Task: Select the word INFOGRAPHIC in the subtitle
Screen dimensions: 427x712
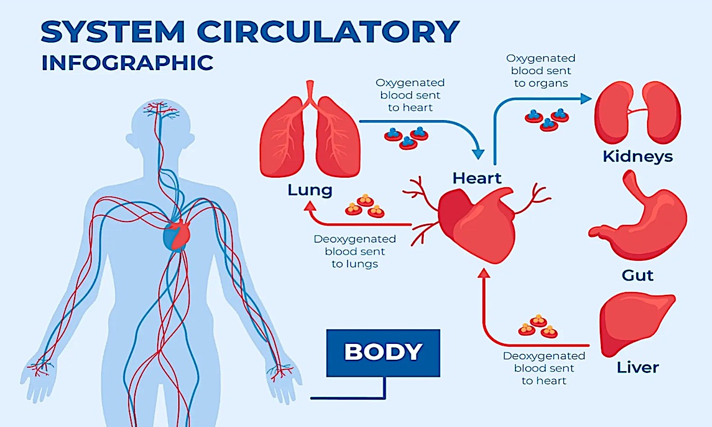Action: [127, 63]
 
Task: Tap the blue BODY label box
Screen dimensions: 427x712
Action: [383, 352]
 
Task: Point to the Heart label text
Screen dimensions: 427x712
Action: [477, 178]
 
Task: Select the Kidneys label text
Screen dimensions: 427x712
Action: [637, 156]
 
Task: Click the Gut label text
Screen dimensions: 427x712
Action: [637, 275]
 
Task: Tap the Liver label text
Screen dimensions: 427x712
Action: [637, 367]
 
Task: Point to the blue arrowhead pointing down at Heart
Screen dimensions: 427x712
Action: [478, 153]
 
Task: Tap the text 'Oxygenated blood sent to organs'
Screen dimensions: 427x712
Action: [541, 70]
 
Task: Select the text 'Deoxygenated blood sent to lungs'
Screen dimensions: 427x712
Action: [355, 251]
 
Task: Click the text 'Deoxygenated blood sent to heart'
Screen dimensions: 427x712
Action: [544, 368]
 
